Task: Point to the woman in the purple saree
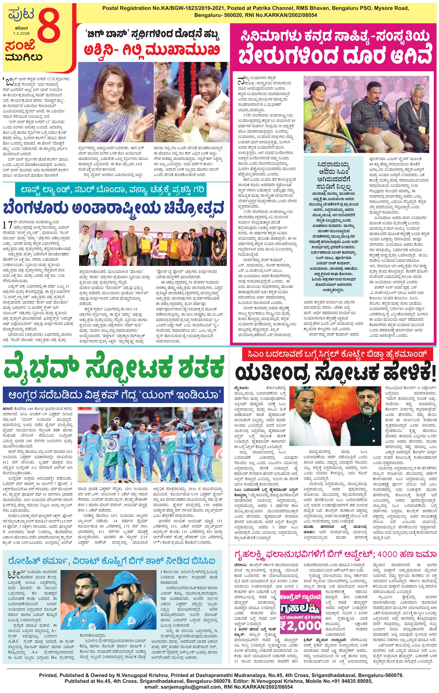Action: (115, 104)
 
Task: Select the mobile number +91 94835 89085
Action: (347, 681)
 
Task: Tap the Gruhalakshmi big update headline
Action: (333, 554)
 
